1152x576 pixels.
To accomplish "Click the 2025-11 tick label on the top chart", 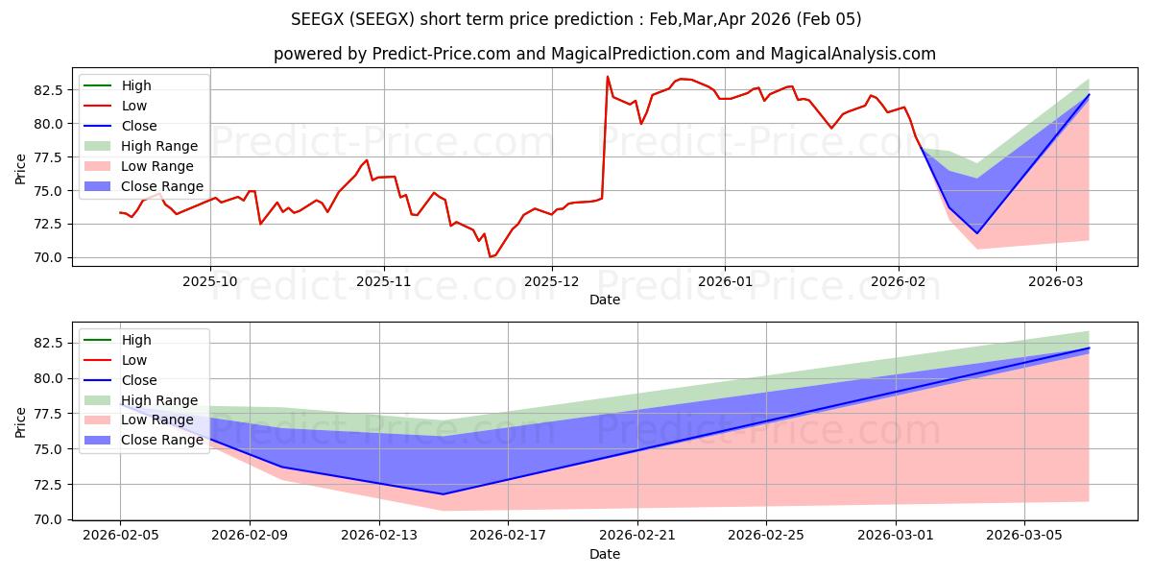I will (x=384, y=281).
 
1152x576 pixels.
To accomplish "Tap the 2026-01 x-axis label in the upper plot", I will (x=724, y=281).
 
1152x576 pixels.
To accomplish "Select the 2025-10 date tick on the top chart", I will (x=210, y=281).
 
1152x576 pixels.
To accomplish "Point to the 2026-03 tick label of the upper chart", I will (x=1056, y=281).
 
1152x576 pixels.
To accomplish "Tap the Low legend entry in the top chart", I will (x=133, y=106).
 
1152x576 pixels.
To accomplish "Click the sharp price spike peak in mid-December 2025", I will (x=607, y=77).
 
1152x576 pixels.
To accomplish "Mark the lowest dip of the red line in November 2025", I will (x=490, y=256).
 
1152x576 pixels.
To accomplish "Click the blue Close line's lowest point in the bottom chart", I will (x=444, y=494).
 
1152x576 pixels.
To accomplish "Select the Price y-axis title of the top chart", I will (x=21, y=169).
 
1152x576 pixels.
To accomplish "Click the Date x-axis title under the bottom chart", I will (x=605, y=554).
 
